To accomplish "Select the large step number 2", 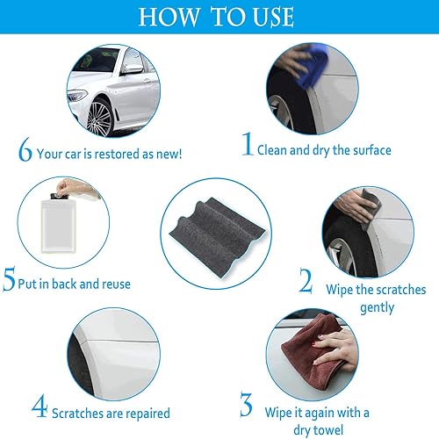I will (x=305, y=280).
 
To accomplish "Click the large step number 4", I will (x=39, y=408).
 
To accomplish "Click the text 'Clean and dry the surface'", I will (x=324, y=150).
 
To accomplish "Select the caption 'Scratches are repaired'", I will (x=111, y=412).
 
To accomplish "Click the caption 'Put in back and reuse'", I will (x=77, y=284).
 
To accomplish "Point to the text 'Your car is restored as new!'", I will (x=109, y=154).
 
